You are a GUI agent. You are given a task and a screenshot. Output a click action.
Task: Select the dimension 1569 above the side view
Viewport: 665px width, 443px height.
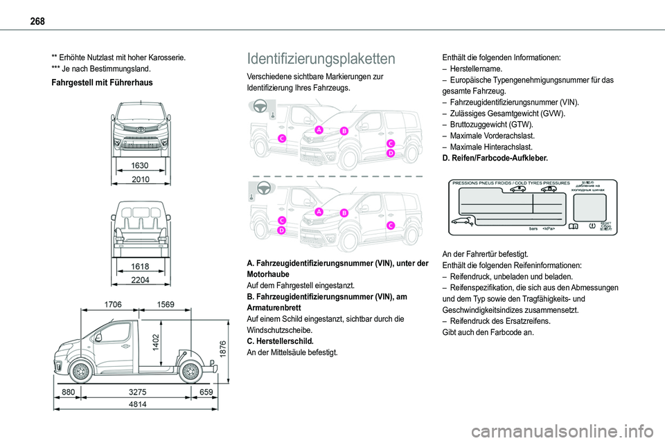tap(166, 304)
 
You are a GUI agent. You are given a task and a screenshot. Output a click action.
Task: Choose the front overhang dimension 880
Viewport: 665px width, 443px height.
tap(67, 392)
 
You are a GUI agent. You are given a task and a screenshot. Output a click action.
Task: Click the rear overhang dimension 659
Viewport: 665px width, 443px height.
tap(206, 392)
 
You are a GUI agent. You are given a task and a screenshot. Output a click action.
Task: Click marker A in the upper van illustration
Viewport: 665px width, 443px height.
tap(319, 130)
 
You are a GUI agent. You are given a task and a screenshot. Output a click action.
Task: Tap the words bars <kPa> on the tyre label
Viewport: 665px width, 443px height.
tap(542, 227)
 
